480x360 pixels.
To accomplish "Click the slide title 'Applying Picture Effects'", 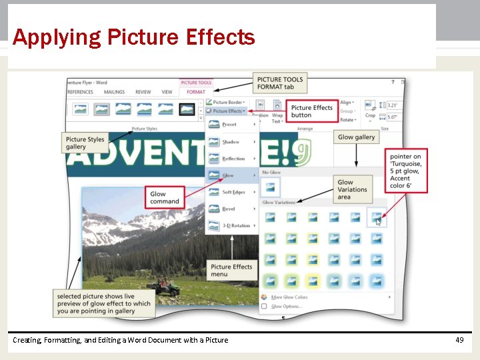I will (133, 37).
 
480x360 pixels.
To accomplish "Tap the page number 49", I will (459, 340).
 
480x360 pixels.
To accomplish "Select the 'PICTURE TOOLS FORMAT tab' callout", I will (280, 83).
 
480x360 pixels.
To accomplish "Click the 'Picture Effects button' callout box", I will (311, 111).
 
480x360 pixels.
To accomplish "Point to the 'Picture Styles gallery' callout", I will (85, 143).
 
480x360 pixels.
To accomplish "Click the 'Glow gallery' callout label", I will (356, 137).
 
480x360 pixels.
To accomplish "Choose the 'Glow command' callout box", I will (165, 198).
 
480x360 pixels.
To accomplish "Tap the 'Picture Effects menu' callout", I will (231, 270).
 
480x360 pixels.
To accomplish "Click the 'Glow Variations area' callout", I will (352, 189).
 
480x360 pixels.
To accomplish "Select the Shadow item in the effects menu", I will (231, 142).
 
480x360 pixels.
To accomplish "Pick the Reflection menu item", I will (233, 159).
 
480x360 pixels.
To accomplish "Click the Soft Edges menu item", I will (233, 192).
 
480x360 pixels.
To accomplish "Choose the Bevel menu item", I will (229, 209).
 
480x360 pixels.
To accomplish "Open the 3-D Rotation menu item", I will (235, 225).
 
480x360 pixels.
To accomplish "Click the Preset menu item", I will (229, 125).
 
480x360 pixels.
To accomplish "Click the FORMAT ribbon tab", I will (196, 92).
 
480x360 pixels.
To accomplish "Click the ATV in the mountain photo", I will (166, 288).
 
